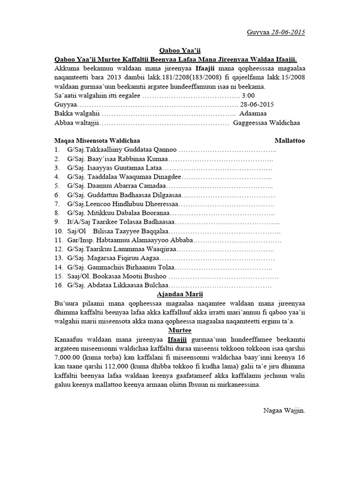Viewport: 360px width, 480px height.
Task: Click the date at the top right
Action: pyautogui.click(x=276, y=32)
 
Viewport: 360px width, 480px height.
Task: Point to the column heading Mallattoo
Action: pyautogui.click(x=290, y=140)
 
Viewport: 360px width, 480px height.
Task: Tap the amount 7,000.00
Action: pyautogui.click(x=67, y=357)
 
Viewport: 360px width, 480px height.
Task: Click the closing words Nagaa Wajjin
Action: pyautogui.click(x=284, y=411)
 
